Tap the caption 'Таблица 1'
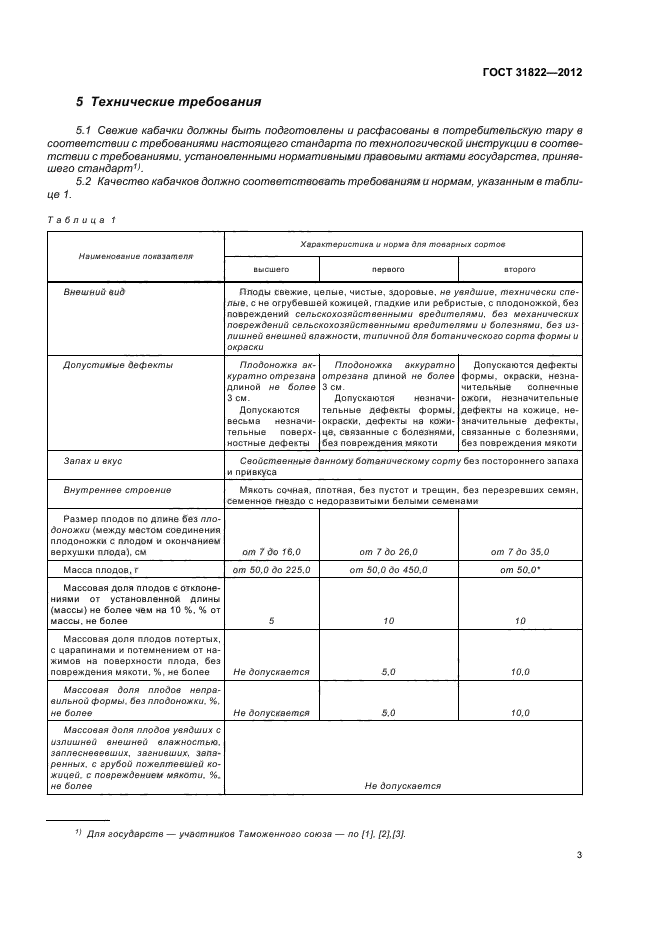[82, 219]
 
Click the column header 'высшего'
[271, 269]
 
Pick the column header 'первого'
[388, 269]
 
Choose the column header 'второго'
[519, 269]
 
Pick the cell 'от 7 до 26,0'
[388, 551]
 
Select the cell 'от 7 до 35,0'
[519, 551]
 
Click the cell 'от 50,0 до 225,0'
[272, 569]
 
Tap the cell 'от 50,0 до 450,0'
[388, 569]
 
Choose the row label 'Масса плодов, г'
[105, 569]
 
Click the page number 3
[579, 854]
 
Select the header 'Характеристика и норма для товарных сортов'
[403, 243]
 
